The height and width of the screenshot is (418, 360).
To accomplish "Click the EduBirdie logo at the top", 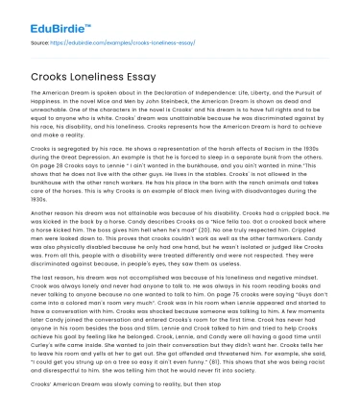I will pyautogui.click(x=39, y=15).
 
